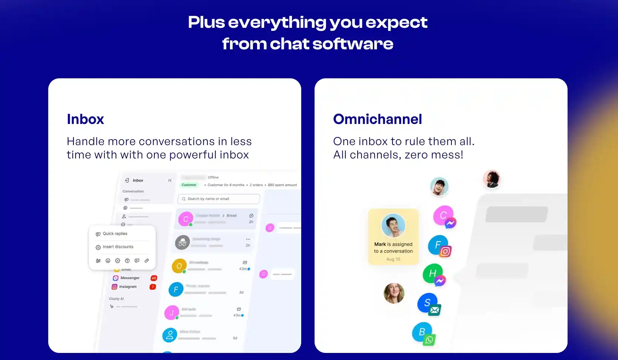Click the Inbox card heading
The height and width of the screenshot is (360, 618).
pyautogui.click(x=85, y=120)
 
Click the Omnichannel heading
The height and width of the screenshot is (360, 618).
pyautogui.click(x=377, y=120)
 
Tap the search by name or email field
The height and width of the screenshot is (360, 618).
pyautogui.click(x=218, y=199)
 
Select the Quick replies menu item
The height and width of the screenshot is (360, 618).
pyautogui.click(x=115, y=234)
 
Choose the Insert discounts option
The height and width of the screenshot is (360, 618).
pyautogui.click(x=118, y=247)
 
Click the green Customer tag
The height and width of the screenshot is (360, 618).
pyautogui.click(x=189, y=185)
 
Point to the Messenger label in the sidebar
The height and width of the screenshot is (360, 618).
pyautogui.click(x=130, y=278)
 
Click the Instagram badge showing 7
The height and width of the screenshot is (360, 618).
pyautogui.click(x=152, y=287)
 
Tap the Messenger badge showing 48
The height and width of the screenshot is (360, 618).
pyautogui.click(x=154, y=278)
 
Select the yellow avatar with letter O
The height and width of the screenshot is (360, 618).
pyautogui.click(x=179, y=266)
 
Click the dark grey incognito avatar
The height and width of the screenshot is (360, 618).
pyautogui.click(x=182, y=243)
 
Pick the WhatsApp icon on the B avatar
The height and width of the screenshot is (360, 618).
pyautogui.click(x=429, y=340)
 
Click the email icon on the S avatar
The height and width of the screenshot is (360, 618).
pyautogui.click(x=434, y=310)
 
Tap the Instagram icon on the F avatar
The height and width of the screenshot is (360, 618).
pyautogui.click(x=445, y=252)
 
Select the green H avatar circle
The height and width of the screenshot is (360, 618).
pyautogui.click(x=432, y=273)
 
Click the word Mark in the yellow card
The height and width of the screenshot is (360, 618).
pyautogui.click(x=380, y=244)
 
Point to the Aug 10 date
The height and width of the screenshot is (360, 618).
pyautogui.click(x=393, y=259)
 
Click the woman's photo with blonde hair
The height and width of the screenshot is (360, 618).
pyautogui.click(x=394, y=293)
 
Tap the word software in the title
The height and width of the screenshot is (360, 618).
pyautogui.click(x=352, y=44)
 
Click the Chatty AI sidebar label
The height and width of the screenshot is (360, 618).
pyautogui.click(x=116, y=299)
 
